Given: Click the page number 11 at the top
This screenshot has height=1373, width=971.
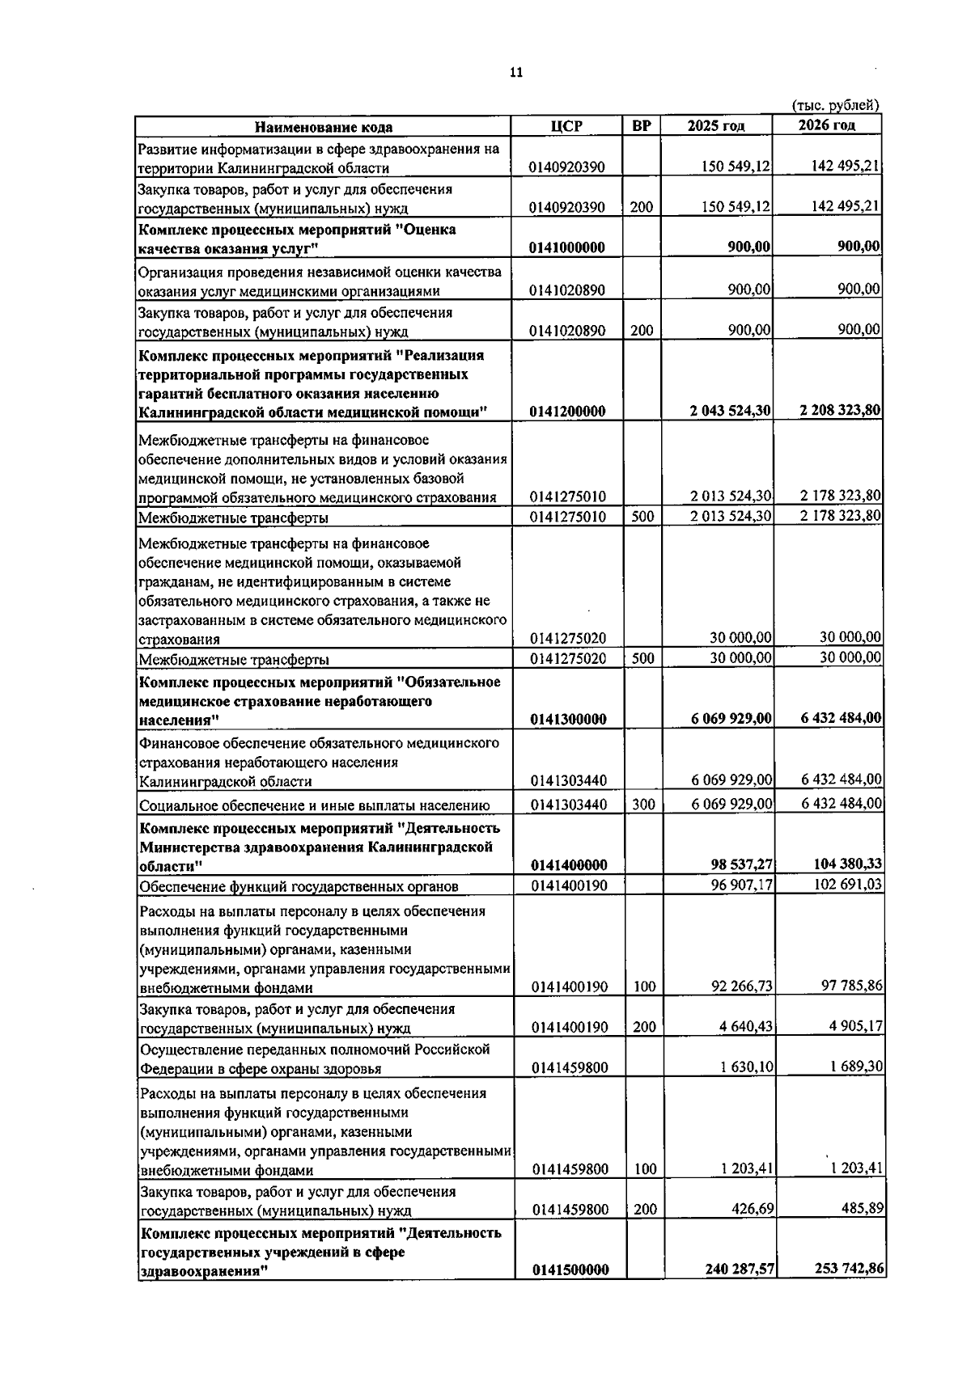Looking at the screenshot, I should [516, 73].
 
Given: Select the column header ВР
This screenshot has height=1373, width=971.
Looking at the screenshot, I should [642, 125].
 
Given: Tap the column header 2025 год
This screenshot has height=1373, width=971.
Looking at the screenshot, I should [716, 125].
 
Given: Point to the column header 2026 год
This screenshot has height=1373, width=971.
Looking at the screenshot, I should [826, 125].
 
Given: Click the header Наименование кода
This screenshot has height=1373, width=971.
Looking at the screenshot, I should [324, 126].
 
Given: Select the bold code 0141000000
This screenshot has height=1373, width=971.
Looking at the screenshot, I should [567, 247].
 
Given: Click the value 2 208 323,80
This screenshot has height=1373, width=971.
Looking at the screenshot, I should [840, 410].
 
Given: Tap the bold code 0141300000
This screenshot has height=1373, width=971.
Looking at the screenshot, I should [568, 719].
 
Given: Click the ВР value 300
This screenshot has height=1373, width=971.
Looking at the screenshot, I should [642, 805].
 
